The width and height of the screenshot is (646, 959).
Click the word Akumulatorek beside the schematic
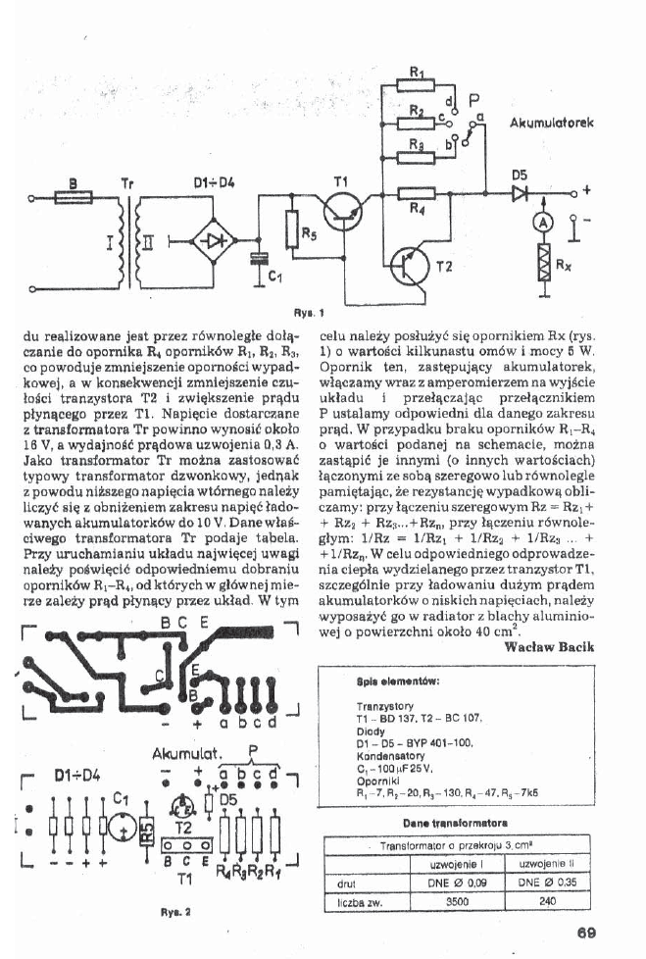tap(559, 125)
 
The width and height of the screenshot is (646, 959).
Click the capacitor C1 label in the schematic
tap(275, 276)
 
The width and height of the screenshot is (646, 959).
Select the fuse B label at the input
tap(72, 181)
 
